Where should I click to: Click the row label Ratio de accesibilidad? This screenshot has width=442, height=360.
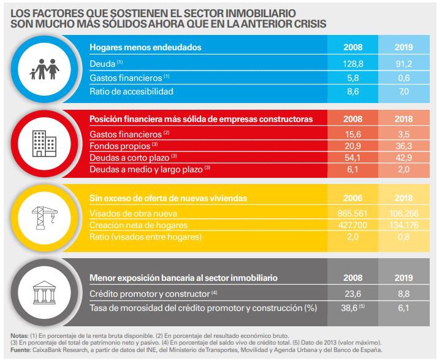[131, 91]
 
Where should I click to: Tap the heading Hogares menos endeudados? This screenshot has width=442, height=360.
[145, 47]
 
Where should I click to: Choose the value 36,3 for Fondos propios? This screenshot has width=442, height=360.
[404, 146]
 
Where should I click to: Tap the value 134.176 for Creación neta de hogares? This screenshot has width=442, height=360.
[404, 225]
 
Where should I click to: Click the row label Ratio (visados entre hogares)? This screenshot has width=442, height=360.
[145, 236]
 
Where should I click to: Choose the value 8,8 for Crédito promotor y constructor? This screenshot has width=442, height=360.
[404, 294]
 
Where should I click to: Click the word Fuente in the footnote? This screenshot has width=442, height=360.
[20, 350]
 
